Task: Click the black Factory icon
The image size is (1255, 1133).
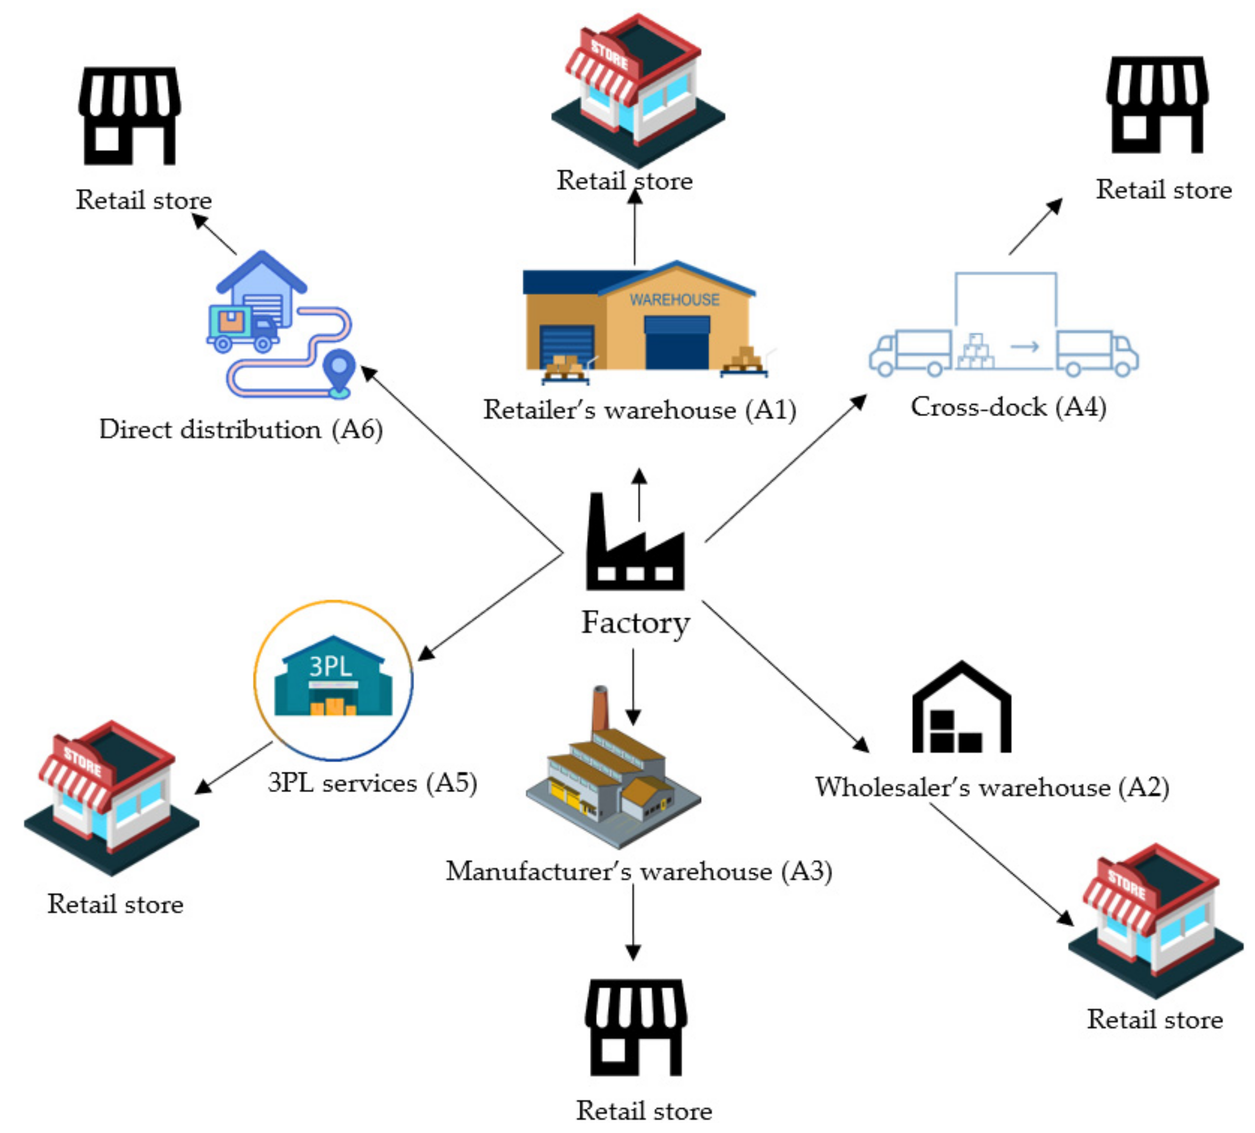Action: pos(635,548)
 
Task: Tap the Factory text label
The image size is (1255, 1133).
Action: pos(636,623)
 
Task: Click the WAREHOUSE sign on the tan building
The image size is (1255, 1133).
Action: pos(674,300)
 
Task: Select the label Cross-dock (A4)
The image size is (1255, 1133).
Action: pos(1008,407)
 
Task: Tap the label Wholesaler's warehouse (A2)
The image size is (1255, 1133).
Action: pos(992,787)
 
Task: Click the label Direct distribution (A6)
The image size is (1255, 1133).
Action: pos(241,429)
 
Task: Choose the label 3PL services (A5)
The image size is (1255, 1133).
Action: pos(372,783)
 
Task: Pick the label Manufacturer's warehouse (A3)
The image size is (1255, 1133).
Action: pos(639,872)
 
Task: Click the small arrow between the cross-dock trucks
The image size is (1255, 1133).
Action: pos(1025,347)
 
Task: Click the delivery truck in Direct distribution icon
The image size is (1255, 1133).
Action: pos(243,328)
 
